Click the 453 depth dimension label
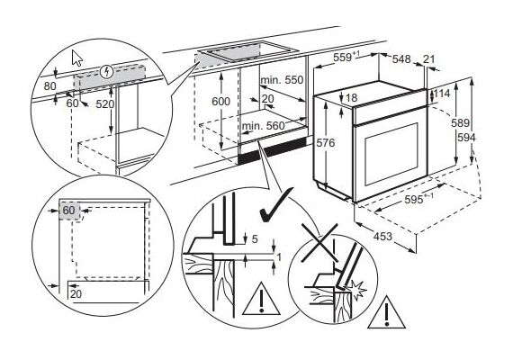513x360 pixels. pos(382,236)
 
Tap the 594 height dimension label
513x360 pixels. pos(466,138)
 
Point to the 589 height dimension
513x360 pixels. pos(460,123)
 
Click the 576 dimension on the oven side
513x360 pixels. pos(326,143)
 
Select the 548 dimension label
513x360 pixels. pos(401,58)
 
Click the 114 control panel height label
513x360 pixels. pos(442,94)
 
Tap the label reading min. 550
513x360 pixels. pos(282,80)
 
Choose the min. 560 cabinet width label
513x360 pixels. pos(264,126)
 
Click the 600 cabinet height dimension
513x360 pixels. pos(220,102)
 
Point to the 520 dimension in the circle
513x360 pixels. pos(105,104)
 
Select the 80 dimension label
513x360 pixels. pos(50,86)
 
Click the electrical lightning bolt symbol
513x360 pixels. pos(106,72)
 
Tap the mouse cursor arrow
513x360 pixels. pos(76,58)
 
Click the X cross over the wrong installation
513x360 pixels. pos(319,243)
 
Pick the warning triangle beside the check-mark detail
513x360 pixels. pos(261,298)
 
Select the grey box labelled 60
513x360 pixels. pos(69,210)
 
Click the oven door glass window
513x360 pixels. pos(391,154)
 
